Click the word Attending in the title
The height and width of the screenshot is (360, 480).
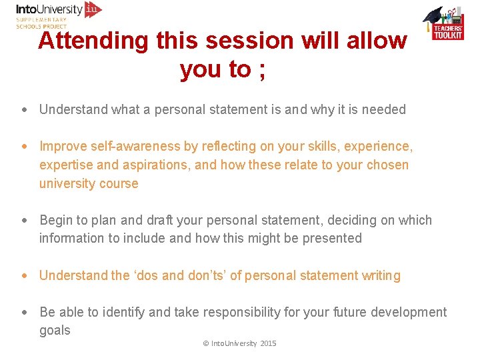(93, 41)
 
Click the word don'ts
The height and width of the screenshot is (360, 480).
(201, 275)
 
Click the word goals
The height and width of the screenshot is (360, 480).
(55, 330)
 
